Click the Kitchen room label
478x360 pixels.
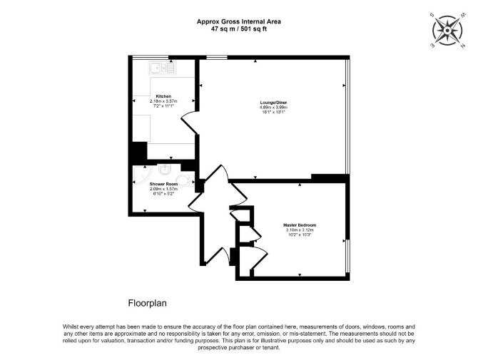163,96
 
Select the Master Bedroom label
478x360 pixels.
300,225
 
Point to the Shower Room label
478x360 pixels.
163,184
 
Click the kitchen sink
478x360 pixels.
163,68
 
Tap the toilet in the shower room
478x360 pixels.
185,180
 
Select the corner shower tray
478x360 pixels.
143,177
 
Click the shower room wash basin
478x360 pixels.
165,170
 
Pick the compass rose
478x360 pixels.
447,31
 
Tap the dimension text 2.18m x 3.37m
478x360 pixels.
163,101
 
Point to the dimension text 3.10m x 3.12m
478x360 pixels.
300,230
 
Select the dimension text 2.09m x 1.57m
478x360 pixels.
163,189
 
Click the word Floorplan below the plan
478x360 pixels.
147,304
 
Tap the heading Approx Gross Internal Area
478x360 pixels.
239,21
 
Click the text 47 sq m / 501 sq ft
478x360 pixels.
239,29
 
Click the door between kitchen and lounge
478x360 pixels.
190,122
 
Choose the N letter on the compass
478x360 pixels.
463,46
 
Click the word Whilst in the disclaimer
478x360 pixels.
71,326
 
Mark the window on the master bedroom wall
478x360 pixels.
348,257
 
